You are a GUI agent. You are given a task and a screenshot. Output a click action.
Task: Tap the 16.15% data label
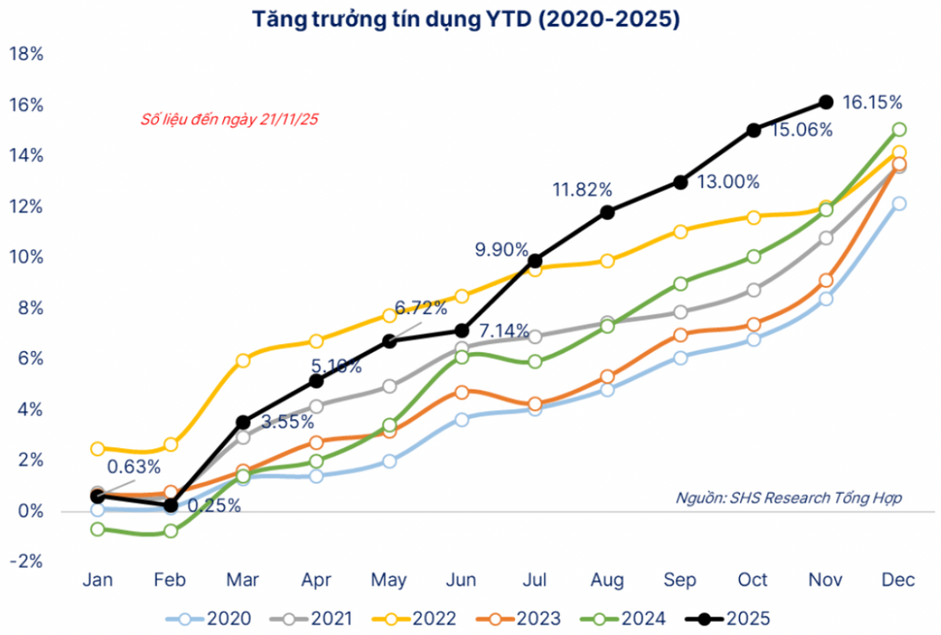coord(871,101)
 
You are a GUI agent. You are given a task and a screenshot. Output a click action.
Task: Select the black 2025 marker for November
coord(825,102)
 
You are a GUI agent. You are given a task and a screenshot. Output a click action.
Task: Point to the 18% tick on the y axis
coord(26,54)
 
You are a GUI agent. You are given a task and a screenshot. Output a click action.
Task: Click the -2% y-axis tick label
coord(26,562)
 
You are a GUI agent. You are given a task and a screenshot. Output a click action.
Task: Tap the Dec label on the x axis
coord(899,579)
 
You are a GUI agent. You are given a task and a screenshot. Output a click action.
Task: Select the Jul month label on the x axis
coord(534,579)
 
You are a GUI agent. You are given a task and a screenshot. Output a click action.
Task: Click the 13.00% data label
coord(728,182)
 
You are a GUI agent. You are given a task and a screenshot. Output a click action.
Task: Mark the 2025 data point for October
coord(753,130)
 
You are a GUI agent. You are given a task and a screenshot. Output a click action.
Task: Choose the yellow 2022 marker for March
coord(243,360)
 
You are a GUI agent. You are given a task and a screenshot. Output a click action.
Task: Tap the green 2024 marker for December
coord(899,130)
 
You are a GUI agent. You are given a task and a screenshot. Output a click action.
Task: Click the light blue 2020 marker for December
coord(899,204)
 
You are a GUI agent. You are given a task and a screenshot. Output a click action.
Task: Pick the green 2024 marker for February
coord(170,531)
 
